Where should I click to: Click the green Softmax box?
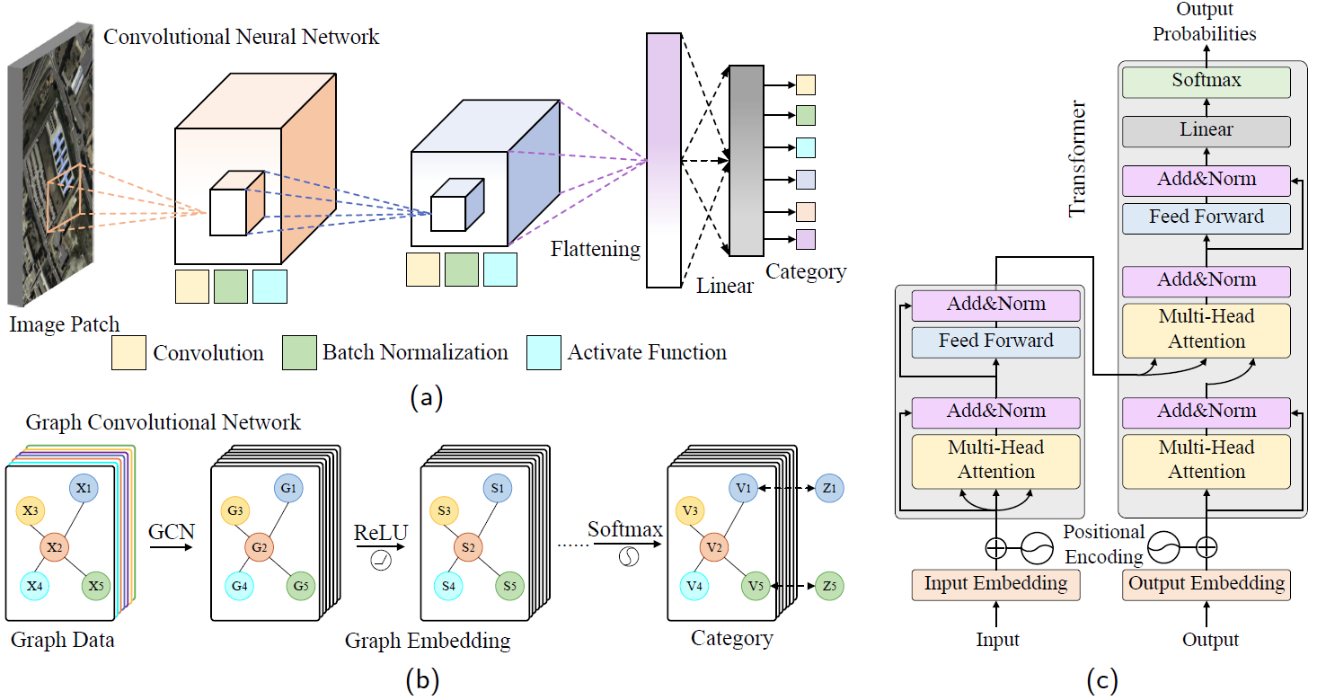[1206, 81]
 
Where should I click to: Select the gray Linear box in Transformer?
[1206, 130]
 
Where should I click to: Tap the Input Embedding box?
[995, 583]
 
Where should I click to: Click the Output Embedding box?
[1206, 583]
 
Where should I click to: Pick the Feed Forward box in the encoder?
[995, 341]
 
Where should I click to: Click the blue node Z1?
[828, 488]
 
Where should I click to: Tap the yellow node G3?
[235, 510]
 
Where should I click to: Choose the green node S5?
[510, 586]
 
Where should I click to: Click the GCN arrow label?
[172, 531]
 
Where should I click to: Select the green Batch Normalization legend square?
[299, 353]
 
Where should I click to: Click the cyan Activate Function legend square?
[544, 353]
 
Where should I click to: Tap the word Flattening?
[595, 249]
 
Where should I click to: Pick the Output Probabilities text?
[1204, 22]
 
